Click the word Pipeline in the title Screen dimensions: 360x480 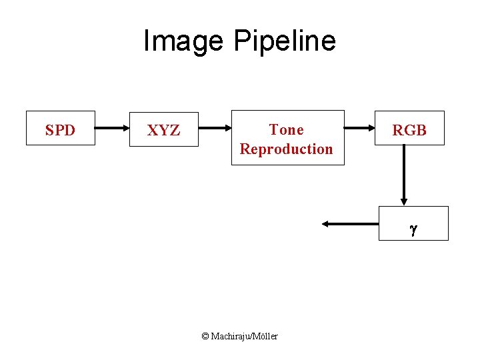[x=284, y=41]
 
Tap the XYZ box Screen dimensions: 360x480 [x=164, y=129]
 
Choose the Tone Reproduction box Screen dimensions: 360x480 [x=287, y=138]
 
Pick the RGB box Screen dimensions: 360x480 [x=409, y=129]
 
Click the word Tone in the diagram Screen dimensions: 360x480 [x=286, y=129]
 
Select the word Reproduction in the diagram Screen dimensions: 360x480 [x=286, y=149]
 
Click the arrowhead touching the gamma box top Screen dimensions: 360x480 [x=404, y=201]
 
